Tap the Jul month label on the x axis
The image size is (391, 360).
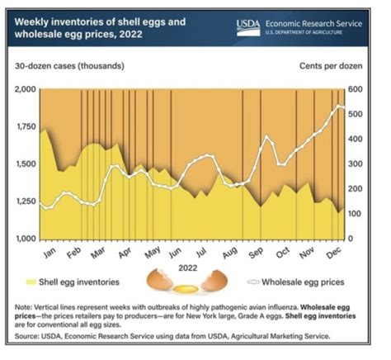(x=203, y=249)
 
